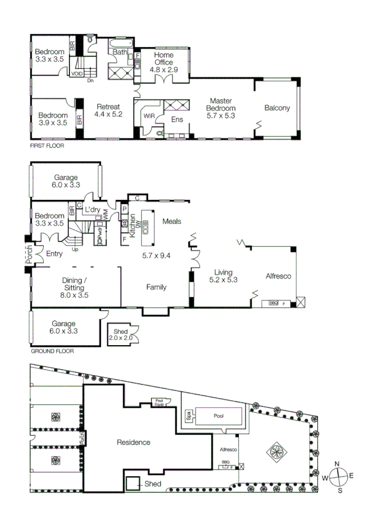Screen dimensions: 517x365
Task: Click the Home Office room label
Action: click(x=163, y=58)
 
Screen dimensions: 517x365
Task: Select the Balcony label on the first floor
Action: click(x=277, y=109)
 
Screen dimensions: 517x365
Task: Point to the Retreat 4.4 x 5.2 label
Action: click(x=108, y=110)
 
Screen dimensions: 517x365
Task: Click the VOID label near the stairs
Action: click(x=77, y=73)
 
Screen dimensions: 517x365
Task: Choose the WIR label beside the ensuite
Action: click(x=148, y=115)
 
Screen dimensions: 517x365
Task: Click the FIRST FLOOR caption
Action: click(x=47, y=146)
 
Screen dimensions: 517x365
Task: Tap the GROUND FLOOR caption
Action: click(x=52, y=351)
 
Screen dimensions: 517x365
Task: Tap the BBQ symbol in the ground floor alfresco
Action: click(x=274, y=303)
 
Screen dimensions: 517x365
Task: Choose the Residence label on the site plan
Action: click(x=133, y=442)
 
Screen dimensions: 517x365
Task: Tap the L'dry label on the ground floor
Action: click(x=92, y=209)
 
